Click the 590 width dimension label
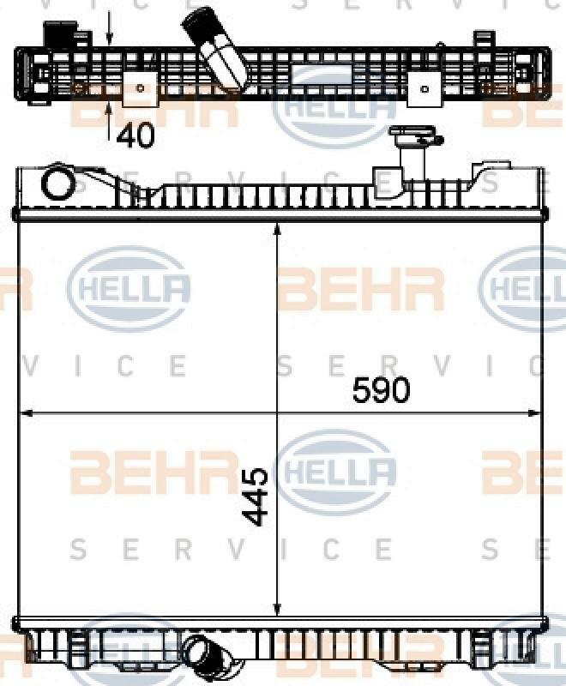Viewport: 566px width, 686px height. click(x=381, y=389)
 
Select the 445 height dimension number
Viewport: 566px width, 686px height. click(x=255, y=496)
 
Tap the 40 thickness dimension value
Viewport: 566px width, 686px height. click(x=135, y=135)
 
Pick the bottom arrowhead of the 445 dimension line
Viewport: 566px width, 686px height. click(x=276, y=609)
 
